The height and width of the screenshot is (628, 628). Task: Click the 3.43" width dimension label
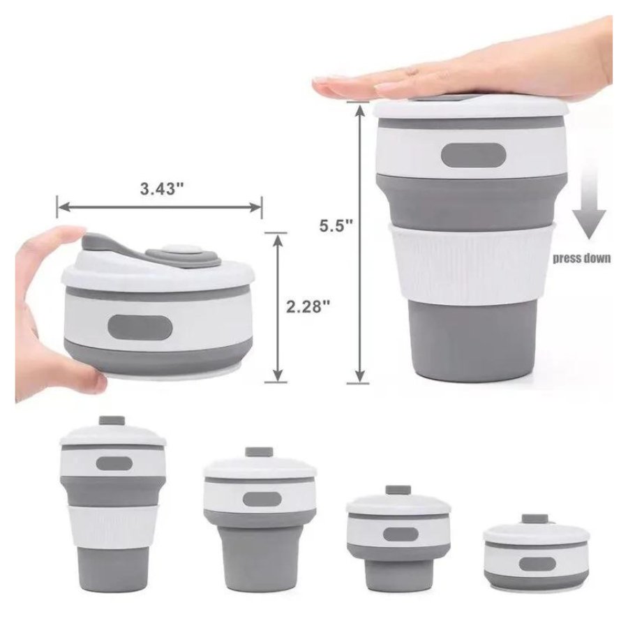pos(161,188)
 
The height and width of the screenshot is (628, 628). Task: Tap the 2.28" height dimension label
pos(308,306)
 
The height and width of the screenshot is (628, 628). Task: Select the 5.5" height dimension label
pos(336,225)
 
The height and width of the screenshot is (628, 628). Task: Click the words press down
pos(581,258)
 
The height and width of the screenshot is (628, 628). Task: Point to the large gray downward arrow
pos(589,204)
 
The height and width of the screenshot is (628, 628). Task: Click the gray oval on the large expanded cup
pos(473,155)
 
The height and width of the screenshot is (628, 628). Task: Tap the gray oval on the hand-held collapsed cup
pos(140,327)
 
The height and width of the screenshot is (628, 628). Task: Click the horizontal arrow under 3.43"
pos(159,207)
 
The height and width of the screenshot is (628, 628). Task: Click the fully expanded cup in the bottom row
pos(113,504)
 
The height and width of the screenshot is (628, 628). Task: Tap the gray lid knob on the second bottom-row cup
pos(259,452)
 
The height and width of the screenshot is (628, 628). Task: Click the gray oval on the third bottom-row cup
pos(401,534)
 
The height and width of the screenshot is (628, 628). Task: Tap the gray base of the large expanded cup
pos(472,341)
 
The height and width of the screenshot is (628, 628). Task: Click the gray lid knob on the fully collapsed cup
pos(534,519)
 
